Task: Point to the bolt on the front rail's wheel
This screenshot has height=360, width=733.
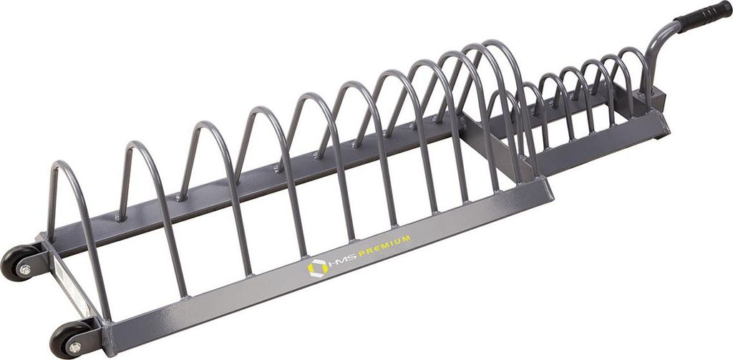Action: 74,347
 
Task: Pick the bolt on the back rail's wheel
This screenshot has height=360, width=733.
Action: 25,271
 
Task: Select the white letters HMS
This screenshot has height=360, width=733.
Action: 342,261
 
